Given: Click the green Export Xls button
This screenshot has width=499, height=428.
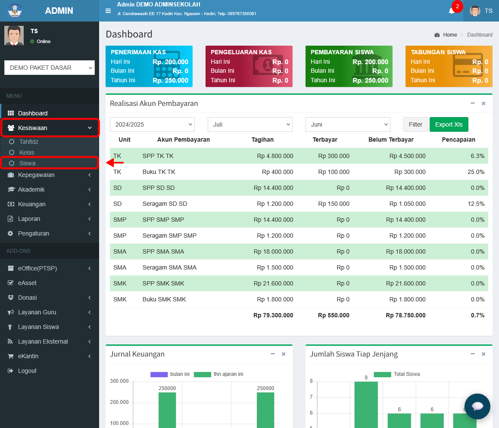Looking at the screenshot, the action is [449, 124].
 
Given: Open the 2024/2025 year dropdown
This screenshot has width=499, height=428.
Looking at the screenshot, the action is [152, 124].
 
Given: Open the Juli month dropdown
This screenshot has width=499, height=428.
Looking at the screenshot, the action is [250, 124].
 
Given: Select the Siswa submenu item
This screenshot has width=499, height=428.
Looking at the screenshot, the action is [28, 163].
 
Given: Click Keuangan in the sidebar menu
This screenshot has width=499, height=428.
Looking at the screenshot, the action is [31, 204].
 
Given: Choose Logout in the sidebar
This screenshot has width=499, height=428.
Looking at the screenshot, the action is [27, 371].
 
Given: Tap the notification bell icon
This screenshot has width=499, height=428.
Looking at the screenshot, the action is [451, 11].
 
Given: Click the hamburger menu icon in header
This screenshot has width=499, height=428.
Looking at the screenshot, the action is [108, 11].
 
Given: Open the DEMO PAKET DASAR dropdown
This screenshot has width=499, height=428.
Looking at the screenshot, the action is [49, 68].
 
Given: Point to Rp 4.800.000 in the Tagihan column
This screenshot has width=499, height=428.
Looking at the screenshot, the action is [275, 156].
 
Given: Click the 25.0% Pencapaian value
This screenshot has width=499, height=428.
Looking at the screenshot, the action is [476, 172].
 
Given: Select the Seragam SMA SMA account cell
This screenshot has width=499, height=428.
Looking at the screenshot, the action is [169, 267].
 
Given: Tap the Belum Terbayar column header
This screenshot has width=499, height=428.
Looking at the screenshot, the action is [391, 140].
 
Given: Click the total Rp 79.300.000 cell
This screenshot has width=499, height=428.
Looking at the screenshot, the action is [273, 315].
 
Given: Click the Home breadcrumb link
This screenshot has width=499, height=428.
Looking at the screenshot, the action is [450, 35].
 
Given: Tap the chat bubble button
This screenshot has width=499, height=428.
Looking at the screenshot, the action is [477, 406].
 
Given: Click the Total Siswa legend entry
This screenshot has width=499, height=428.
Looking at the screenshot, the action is [397, 374].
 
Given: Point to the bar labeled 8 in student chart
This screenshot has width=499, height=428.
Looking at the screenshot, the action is [366, 404].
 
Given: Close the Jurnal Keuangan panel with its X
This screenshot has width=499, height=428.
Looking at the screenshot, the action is [284, 354].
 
